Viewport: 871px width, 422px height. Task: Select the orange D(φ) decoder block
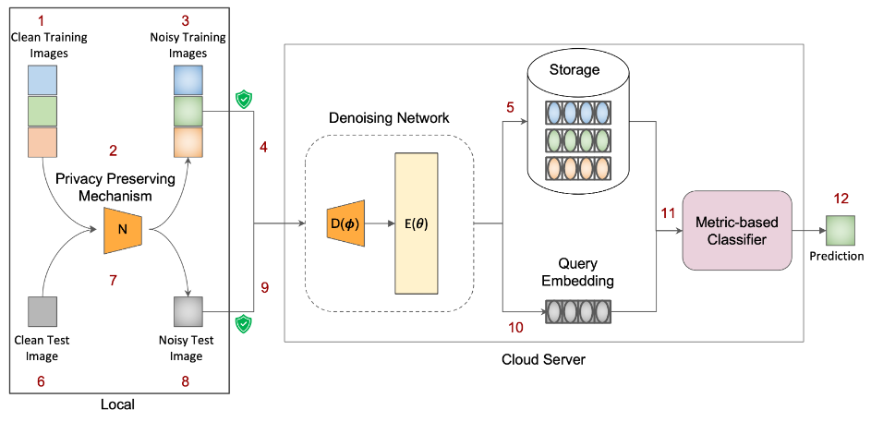345,223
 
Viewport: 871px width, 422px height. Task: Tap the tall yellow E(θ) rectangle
419,224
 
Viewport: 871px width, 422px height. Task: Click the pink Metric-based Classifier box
737,231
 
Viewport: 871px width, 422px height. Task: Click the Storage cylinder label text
575,69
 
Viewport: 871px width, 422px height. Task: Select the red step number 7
113,280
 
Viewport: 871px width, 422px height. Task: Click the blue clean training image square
42,80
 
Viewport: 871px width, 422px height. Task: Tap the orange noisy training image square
188,141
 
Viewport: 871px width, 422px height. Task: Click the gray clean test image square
42,311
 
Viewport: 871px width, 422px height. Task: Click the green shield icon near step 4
244,99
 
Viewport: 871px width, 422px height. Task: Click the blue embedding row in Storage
576,112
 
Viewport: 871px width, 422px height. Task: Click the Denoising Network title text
389,118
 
